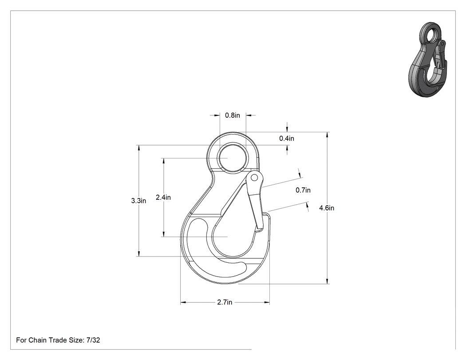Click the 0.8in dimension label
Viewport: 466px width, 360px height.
click(233, 115)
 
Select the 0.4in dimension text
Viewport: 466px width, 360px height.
click(287, 138)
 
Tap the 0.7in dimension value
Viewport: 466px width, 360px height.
click(303, 190)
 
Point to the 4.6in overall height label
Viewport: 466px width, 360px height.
click(327, 208)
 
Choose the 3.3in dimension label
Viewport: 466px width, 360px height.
click(138, 201)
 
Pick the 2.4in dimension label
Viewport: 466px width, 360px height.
click(163, 197)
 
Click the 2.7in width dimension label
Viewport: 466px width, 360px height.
click(225, 302)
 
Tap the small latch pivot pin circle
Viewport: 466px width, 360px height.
click(254, 178)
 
